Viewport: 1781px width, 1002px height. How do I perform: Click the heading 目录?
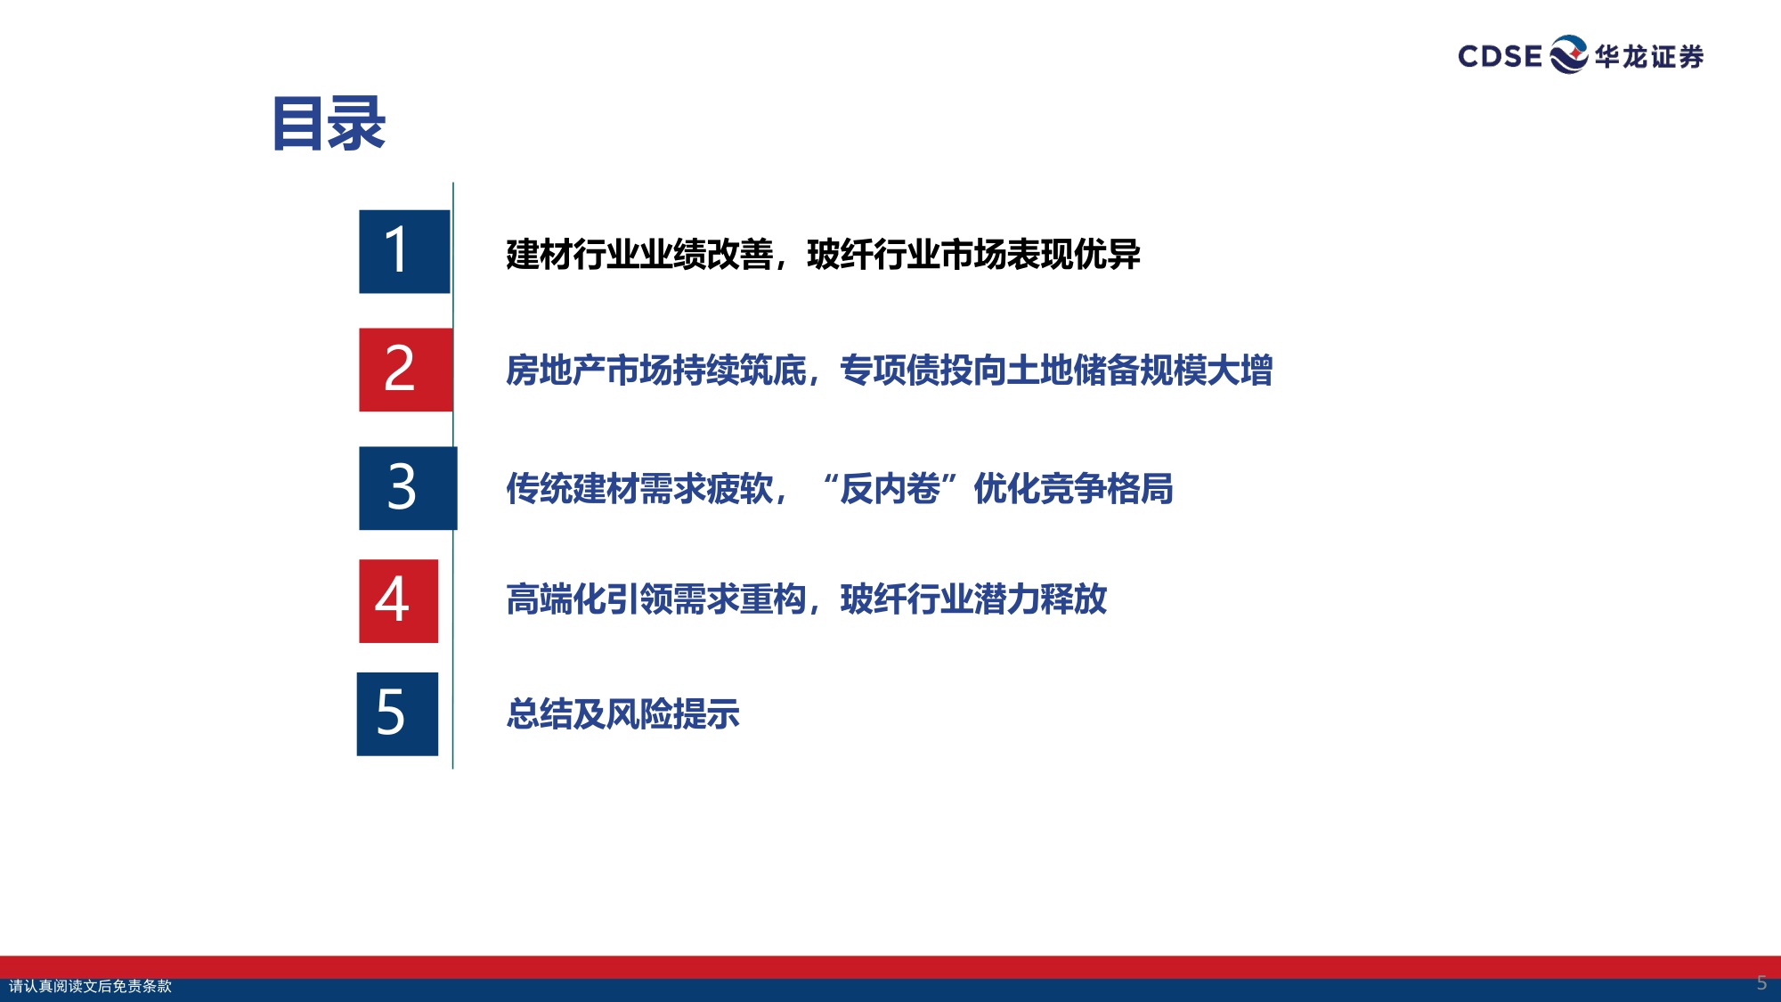click(329, 124)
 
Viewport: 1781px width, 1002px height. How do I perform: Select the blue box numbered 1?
click(404, 251)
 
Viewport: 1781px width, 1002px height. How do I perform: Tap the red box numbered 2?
click(405, 370)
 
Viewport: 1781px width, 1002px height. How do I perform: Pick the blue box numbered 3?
click(407, 488)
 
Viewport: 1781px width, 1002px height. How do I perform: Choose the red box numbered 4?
click(398, 600)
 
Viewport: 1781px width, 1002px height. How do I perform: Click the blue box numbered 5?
click(397, 713)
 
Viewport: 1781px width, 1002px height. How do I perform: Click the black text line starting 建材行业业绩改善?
click(822, 255)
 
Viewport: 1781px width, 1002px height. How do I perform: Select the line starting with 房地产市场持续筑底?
click(888, 371)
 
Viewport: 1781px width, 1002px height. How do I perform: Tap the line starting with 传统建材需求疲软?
click(838, 489)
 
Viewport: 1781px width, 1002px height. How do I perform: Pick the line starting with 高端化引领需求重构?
click(806, 599)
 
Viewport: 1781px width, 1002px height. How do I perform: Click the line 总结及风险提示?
click(622, 714)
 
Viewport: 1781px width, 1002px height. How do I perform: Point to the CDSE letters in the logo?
click(1500, 56)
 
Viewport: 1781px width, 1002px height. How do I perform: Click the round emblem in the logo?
click(1568, 54)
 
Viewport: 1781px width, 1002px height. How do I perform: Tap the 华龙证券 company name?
click(1649, 57)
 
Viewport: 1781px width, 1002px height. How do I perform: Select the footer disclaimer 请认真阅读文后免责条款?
click(90, 986)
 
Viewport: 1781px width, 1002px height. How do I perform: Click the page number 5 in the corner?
click(1761, 982)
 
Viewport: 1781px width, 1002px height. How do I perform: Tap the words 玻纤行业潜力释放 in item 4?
click(973, 599)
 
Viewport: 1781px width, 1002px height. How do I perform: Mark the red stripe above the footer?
click(890, 967)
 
